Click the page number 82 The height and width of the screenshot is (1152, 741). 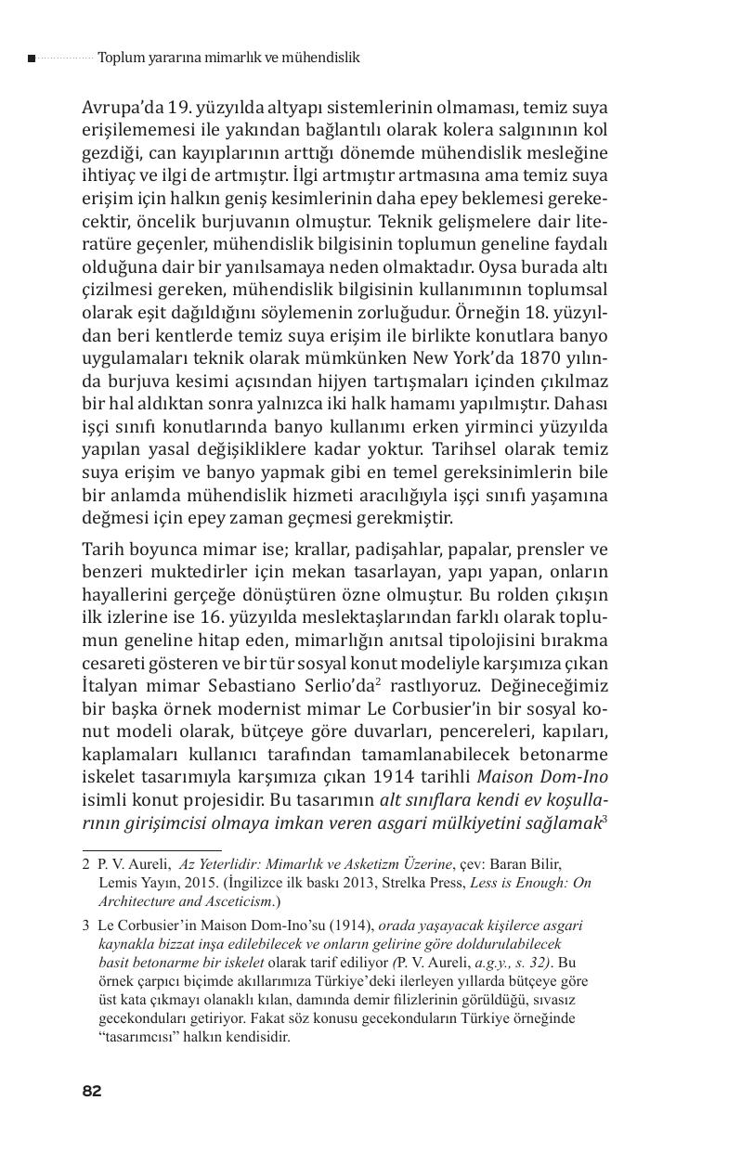91,1091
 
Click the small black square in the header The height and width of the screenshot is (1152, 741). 32,58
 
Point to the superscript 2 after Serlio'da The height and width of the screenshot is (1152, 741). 379,680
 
